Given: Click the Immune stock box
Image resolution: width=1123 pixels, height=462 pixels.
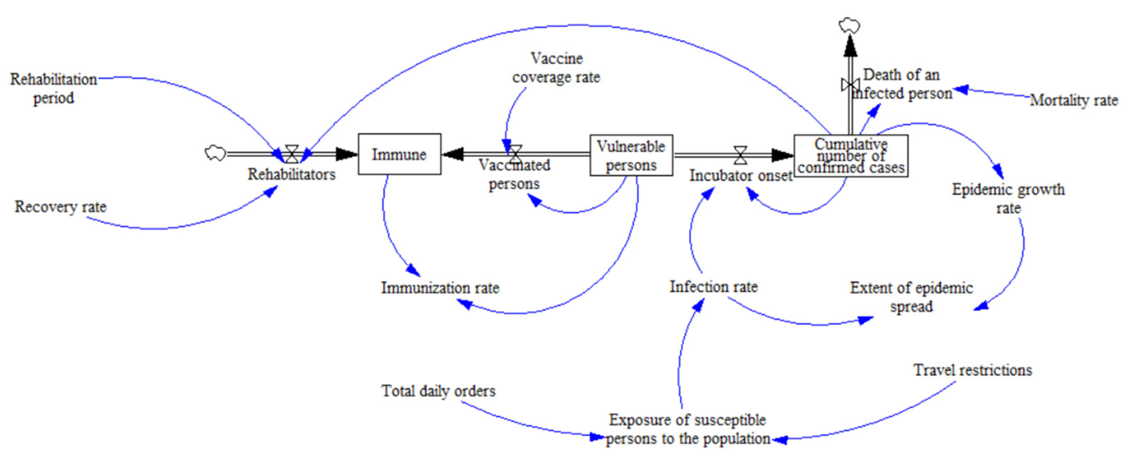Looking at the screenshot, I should [399, 154].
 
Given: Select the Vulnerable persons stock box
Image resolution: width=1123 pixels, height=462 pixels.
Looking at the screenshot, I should [631, 155].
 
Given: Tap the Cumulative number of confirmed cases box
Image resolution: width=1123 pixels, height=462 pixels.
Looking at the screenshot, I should [851, 156].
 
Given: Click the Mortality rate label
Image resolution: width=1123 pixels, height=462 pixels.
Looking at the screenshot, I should [1073, 101].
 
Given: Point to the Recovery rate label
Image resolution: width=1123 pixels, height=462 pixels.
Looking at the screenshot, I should [61, 207].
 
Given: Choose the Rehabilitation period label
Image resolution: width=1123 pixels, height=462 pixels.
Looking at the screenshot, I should [54, 88].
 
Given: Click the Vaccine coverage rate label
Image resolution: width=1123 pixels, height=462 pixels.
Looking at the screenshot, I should [556, 68].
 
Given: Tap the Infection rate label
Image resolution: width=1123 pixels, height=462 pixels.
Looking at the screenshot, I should [713, 287].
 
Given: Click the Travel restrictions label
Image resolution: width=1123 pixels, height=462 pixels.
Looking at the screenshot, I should [973, 370].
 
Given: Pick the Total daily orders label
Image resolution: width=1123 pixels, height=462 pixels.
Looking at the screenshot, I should [438, 391].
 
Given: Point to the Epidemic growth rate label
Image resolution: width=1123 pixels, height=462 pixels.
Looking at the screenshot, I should [1008, 199].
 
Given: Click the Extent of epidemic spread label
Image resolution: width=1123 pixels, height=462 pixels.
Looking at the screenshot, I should [911, 297].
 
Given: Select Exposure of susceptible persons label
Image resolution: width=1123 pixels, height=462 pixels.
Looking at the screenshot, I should [688, 429].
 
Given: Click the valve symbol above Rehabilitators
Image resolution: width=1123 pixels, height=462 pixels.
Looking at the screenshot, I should [291, 154].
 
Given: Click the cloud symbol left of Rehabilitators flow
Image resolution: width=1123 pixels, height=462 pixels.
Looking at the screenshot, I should [215, 153].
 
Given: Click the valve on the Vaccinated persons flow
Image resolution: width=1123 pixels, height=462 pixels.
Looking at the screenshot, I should [515, 154].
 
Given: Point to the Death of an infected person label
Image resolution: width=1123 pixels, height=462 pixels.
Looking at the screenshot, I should [902, 84].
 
